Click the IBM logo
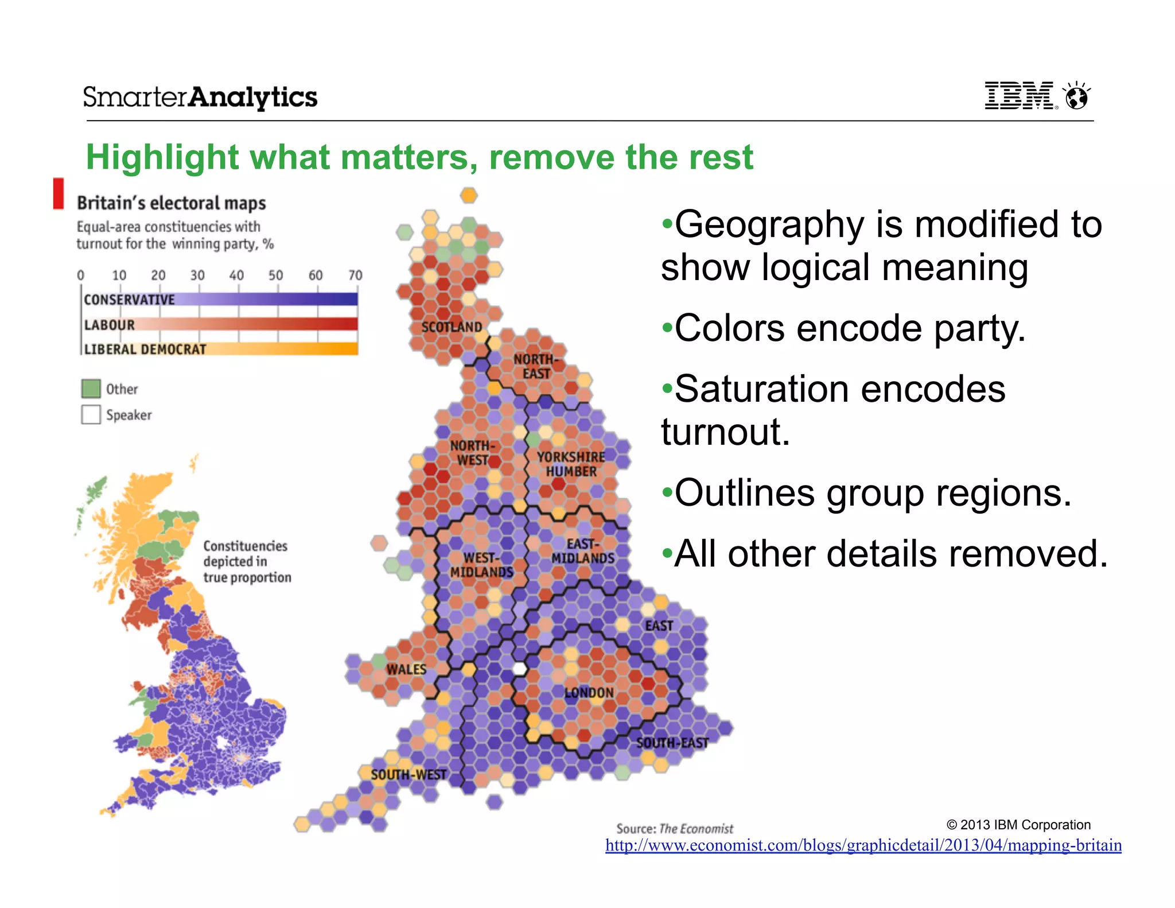(1021, 95)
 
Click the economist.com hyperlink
(863, 845)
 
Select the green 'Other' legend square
(91, 389)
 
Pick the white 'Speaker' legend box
(91, 414)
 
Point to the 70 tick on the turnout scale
(356, 275)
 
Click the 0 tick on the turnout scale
(81, 275)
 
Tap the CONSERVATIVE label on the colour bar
(129, 300)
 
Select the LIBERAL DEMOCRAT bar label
(145, 350)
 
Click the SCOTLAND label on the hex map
(452, 327)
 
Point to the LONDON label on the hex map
(589, 693)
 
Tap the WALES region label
(406, 669)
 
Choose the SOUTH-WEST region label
(408, 775)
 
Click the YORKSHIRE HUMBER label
(571, 464)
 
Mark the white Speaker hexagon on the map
(520, 669)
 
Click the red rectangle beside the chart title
(59, 193)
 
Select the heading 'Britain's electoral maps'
(172, 203)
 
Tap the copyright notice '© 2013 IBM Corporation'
(1018, 825)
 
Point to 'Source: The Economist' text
(675, 829)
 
